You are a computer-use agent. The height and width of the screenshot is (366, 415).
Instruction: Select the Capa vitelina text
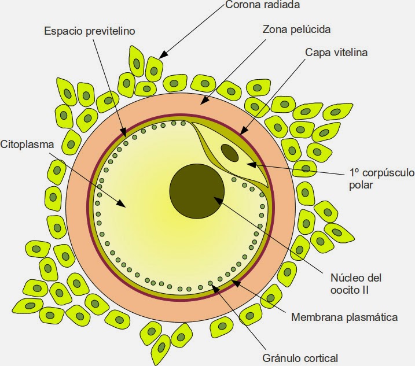[x=336, y=52]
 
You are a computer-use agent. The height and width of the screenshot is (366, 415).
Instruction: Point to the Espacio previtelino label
[x=90, y=31]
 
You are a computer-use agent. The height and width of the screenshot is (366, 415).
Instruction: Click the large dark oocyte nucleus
[x=197, y=193]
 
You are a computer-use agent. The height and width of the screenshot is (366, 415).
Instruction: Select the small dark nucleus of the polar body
[x=230, y=153]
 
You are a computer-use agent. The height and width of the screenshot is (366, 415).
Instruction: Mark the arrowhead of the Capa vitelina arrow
[x=244, y=136]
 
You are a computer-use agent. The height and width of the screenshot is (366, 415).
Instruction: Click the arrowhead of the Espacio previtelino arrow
[x=124, y=136]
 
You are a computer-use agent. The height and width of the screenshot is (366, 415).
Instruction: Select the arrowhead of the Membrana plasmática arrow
[x=233, y=282]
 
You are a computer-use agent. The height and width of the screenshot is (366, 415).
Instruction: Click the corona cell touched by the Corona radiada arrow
[x=153, y=68]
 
